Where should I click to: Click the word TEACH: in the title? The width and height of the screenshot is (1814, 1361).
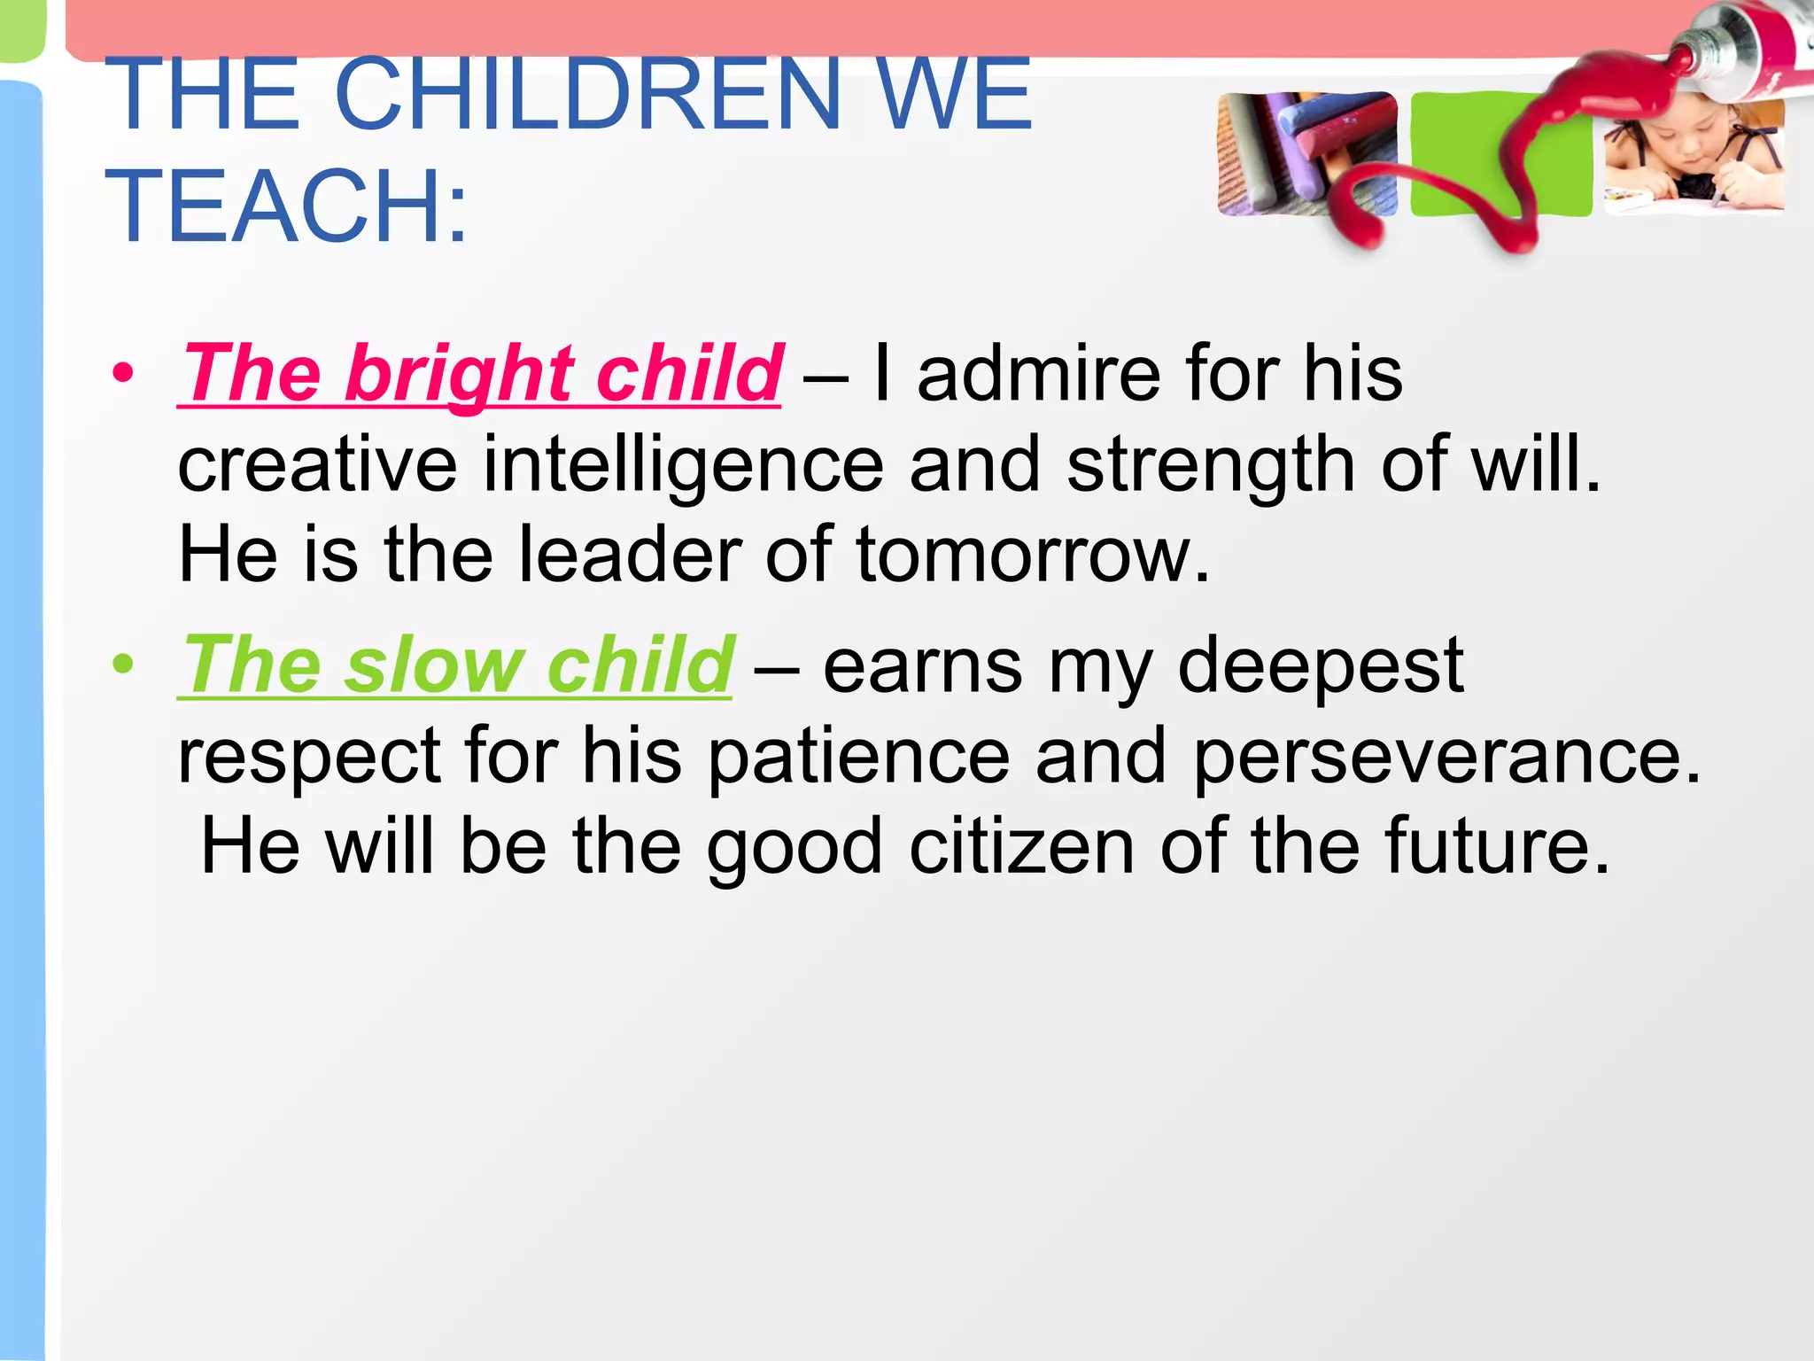click(x=286, y=206)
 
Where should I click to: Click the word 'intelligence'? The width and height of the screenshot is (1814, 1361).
click(x=683, y=464)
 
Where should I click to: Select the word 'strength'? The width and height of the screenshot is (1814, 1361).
click(x=1210, y=464)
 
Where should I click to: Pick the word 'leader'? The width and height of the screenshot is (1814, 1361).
click(x=630, y=555)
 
